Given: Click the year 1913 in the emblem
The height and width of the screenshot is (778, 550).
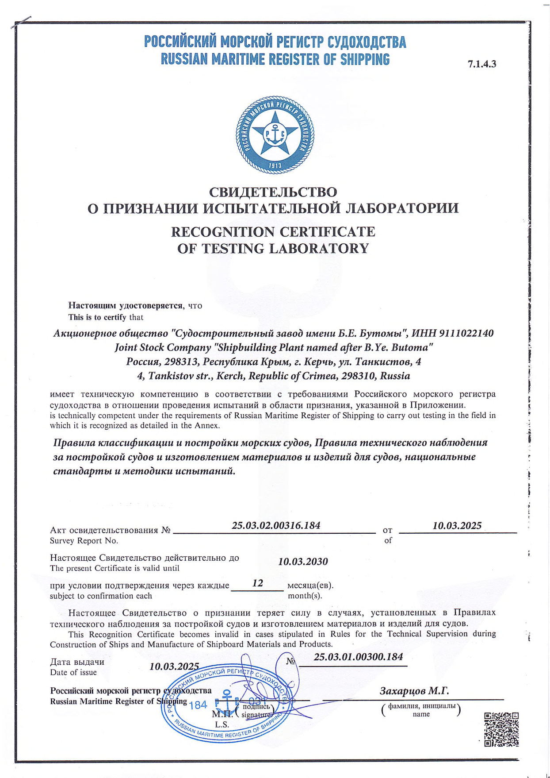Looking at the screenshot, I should (x=275, y=166).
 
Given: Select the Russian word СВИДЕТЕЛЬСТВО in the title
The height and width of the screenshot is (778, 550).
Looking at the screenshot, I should (x=273, y=192).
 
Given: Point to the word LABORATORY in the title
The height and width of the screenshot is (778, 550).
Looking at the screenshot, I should (x=319, y=249).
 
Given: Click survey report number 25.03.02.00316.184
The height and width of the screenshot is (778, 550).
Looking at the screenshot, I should (x=276, y=526).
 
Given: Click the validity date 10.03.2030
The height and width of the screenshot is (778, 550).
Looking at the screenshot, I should (x=303, y=562).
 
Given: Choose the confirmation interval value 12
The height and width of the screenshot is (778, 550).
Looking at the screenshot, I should (x=257, y=583).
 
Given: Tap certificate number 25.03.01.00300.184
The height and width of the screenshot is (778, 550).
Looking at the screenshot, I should (x=358, y=657).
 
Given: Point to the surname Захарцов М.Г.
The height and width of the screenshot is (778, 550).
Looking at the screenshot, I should (x=414, y=691).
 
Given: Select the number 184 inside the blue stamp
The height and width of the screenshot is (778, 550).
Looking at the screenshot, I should (x=198, y=705).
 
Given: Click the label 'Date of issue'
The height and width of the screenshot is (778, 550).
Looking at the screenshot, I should (x=73, y=673).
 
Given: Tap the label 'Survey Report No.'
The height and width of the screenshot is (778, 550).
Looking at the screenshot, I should (x=84, y=541).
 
